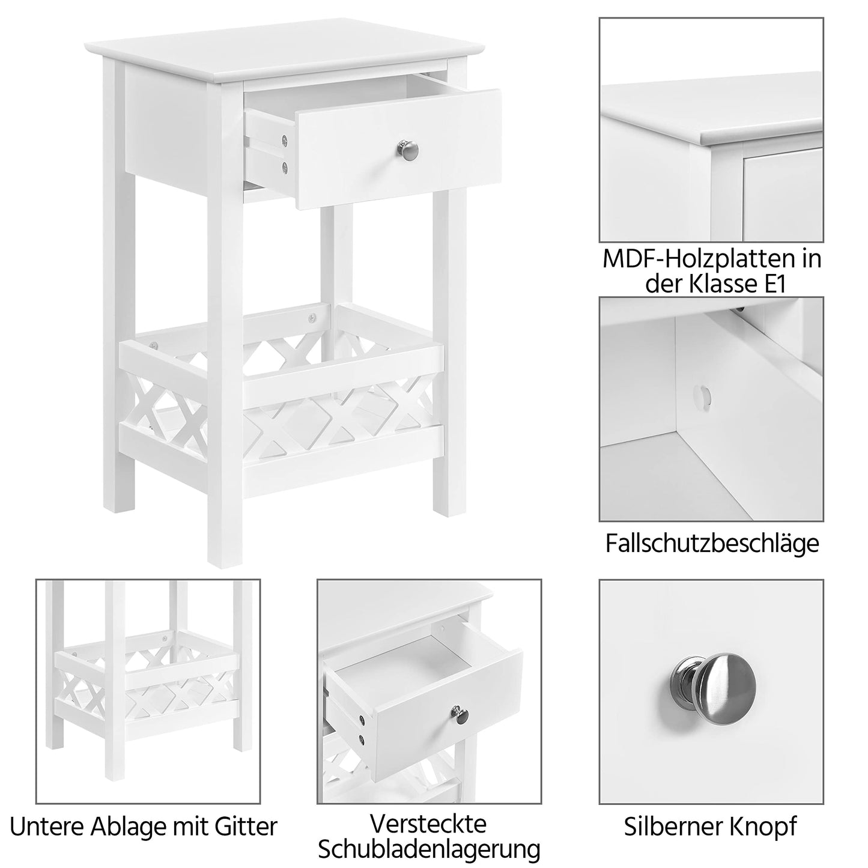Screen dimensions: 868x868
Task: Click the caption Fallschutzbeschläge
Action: pyautogui.click(x=712, y=543)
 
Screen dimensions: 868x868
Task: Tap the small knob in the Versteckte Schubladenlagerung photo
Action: pyautogui.click(x=460, y=713)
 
